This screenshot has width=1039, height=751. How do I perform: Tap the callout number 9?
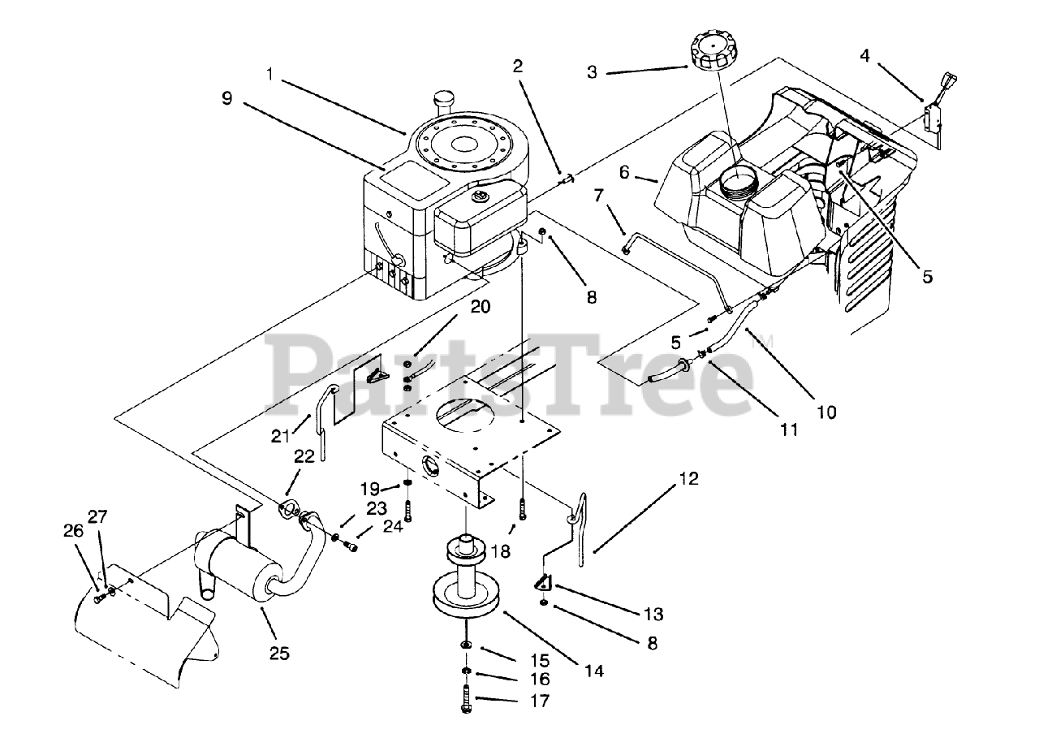(x=226, y=98)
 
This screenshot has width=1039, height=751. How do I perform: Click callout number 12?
(x=688, y=479)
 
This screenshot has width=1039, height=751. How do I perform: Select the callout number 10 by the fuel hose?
(x=826, y=412)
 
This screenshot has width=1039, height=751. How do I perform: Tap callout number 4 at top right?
(x=864, y=55)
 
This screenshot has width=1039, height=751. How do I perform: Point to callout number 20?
(x=480, y=306)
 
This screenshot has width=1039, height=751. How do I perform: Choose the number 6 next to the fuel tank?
(x=623, y=172)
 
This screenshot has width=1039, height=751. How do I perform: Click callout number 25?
(x=280, y=653)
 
